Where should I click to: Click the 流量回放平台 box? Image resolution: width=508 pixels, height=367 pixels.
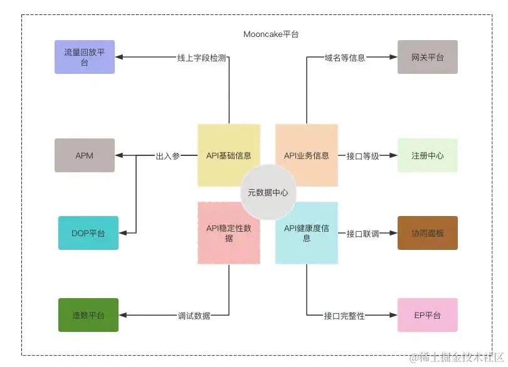point(85,57)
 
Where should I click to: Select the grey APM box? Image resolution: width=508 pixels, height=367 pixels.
point(85,155)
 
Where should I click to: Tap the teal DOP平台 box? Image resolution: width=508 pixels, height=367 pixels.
point(88,233)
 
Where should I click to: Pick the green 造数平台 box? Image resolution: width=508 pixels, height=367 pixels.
point(88,314)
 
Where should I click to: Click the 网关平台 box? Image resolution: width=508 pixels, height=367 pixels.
point(427,57)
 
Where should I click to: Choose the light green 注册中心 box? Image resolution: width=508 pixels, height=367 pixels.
point(427,155)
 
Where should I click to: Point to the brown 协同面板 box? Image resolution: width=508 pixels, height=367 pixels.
point(427,233)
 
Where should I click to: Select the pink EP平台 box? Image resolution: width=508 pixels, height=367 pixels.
point(427,314)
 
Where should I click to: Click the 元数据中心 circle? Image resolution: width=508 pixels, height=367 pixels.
point(268,192)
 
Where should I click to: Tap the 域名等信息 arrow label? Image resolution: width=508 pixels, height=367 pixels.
point(344,58)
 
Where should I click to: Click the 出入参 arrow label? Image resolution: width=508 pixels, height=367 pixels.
point(167,156)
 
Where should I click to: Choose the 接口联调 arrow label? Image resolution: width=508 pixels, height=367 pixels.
point(363,234)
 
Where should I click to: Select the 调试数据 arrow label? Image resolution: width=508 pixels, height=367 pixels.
point(194,315)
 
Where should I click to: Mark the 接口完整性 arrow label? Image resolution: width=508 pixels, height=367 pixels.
point(344,315)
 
